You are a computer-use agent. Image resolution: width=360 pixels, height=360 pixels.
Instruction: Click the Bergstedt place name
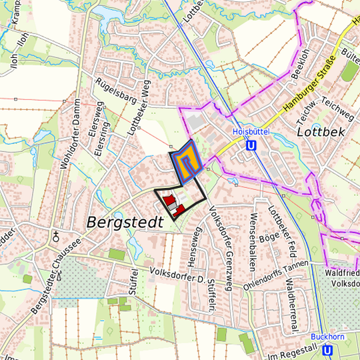click(125, 222)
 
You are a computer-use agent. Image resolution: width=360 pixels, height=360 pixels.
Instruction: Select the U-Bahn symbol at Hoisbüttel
click(251, 145)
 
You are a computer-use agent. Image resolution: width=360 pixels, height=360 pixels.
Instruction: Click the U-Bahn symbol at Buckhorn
click(327, 349)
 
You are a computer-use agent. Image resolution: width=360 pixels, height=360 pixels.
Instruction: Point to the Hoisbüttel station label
click(250, 132)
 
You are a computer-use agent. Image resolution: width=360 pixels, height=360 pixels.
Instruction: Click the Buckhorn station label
click(327, 337)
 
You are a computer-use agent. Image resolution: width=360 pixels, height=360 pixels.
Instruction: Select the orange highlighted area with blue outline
click(188, 159)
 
